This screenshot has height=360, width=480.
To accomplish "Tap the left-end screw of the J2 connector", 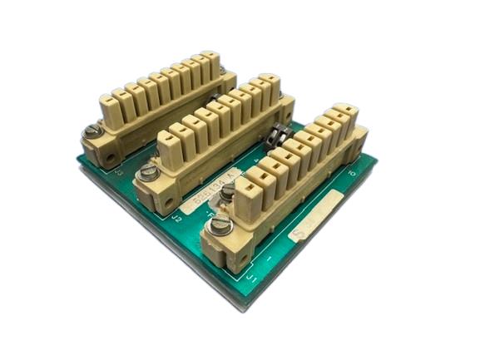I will click(x=150, y=173).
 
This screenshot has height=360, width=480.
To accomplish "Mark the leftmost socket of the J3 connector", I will click(x=118, y=100).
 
